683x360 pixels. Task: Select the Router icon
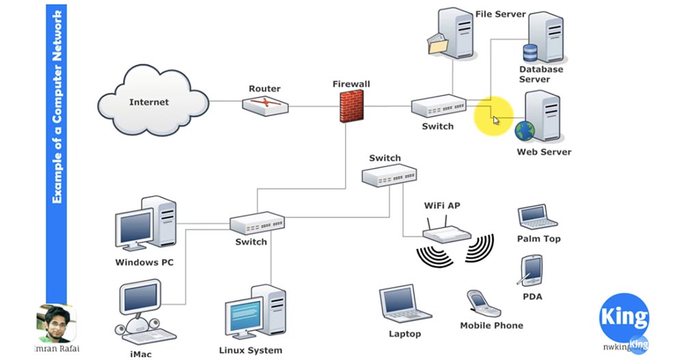coord(265,105)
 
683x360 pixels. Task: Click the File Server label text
coord(501,14)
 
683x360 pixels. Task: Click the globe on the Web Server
coord(525,130)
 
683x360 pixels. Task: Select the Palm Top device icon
coord(533,217)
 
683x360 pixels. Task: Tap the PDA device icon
coord(531,271)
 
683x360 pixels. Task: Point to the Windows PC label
coord(144,262)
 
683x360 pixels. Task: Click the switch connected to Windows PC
coord(257,223)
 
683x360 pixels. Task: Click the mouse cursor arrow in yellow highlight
coord(496,120)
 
